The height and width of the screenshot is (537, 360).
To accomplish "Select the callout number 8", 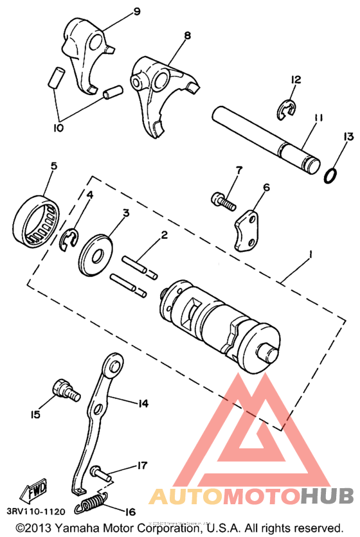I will pyautogui.click(x=187, y=35).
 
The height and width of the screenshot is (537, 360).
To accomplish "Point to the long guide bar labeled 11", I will pyautogui.click(x=267, y=136).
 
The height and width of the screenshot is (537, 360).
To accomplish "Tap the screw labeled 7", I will pyautogui.click(x=223, y=200).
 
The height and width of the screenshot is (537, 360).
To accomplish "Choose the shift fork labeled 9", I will pyautogui.click(x=87, y=52).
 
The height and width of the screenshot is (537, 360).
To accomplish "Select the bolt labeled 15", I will pyautogui.click(x=64, y=389).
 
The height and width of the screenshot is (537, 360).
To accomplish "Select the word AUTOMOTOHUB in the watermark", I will pyautogui.click(x=251, y=496).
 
